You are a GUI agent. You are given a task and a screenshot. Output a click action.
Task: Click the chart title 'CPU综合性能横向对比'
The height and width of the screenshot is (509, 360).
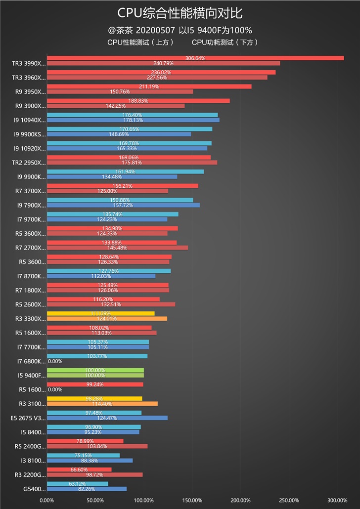[x=180, y=13]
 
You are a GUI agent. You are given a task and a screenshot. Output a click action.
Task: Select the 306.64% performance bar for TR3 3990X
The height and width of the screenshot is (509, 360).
[x=195, y=58]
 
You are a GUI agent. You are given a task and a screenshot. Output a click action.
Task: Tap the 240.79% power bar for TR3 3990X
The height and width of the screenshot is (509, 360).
[x=163, y=63]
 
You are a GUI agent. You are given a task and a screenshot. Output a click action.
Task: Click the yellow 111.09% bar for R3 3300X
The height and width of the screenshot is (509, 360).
[x=100, y=313]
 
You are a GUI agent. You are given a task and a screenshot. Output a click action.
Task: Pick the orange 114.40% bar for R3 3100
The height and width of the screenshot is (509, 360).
[x=102, y=404]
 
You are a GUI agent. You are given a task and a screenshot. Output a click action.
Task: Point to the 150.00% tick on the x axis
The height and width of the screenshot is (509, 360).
[x=192, y=500]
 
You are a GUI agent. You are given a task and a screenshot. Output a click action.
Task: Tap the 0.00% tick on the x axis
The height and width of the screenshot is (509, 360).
[x=46, y=500]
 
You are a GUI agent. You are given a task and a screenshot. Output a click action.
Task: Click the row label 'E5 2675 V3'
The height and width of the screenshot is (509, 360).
[x=28, y=418]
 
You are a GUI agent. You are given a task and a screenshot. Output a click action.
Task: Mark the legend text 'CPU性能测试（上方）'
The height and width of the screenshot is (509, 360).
[x=140, y=42]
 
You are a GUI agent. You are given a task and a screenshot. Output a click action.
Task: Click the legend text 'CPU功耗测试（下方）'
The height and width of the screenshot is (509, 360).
[x=225, y=42]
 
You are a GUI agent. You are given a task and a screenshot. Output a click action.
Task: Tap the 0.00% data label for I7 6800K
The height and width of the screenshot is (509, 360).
[x=55, y=361]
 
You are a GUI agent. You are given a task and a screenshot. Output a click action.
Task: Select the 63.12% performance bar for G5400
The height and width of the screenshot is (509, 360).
[x=77, y=484]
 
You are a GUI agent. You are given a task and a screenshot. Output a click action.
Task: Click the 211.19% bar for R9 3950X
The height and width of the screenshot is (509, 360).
[x=149, y=86]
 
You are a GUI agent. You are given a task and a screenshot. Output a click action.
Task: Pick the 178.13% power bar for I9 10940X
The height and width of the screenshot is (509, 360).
[x=133, y=120]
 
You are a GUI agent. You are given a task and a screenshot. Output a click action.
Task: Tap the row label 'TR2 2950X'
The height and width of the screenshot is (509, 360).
[x=29, y=162]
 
